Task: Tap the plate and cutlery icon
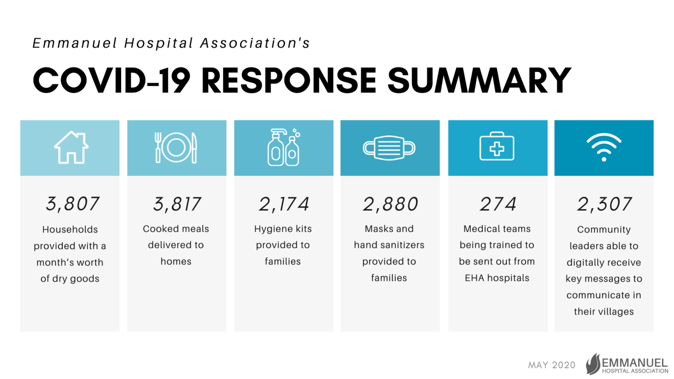click(x=176, y=148)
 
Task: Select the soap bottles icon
click(x=284, y=147)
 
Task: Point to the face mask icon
click(x=389, y=148)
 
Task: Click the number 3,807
click(x=72, y=204)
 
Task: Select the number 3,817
click(x=177, y=204)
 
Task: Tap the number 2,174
click(x=284, y=204)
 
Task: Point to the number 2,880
click(x=390, y=204)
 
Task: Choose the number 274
click(x=498, y=204)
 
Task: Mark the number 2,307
click(x=604, y=204)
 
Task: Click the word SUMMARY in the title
click(x=479, y=80)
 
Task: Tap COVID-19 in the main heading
click(x=111, y=80)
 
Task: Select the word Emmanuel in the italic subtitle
click(x=75, y=43)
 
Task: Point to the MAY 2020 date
click(x=552, y=365)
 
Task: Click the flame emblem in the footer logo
click(x=593, y=364)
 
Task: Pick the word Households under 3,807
click(x=70, y=229)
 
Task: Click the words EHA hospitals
click(x=497, y=278)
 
